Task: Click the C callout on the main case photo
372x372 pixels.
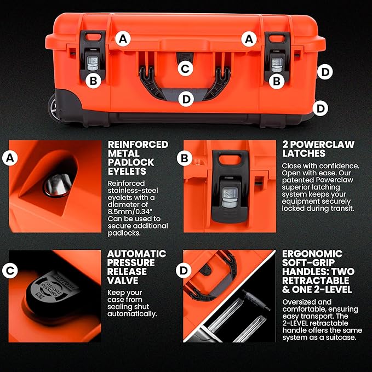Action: (x=185, y=69)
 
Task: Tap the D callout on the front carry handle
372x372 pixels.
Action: (x=186, y=99)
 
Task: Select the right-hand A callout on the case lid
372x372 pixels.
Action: (x=249, y=39)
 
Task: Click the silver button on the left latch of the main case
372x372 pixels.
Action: (x=93, y=64)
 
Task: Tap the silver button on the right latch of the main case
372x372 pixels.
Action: (x=277, y=65)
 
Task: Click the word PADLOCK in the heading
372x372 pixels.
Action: (x=131, y=163)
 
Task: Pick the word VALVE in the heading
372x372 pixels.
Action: (x=122, y=281)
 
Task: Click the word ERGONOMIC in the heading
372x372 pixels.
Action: (x=312, y=254)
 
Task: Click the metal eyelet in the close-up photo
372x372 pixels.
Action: (x=58, y=185)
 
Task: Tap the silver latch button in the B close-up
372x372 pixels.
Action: (x=230, y=197)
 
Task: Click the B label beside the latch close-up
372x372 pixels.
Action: (x=184, y=158)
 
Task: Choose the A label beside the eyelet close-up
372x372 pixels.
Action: (x=10, y=158)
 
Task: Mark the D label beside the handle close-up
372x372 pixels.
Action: (x=184, y=271)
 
